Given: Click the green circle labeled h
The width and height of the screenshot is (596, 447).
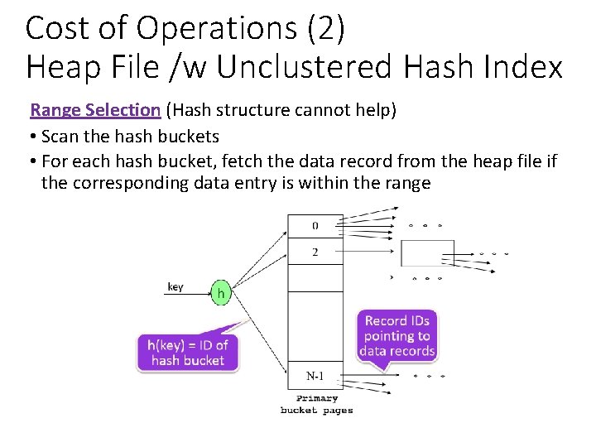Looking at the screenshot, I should (220, 292).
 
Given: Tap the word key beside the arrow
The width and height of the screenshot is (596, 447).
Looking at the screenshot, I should (175, 286).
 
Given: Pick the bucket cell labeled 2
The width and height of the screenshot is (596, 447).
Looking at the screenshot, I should (315, 252).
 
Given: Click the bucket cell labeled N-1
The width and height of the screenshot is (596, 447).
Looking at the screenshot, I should (315, 376).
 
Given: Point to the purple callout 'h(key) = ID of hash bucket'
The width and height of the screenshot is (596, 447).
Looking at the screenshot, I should (187, 352).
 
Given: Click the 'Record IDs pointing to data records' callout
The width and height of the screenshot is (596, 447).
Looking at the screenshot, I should (397, 335).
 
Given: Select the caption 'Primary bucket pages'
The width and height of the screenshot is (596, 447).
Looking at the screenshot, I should (316, 405).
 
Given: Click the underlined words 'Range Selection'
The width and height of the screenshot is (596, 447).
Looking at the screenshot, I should (95, 109).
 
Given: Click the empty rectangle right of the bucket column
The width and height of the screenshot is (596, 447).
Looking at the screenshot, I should (427, 252).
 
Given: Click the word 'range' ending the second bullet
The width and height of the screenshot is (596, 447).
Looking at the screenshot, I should (407, 183).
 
